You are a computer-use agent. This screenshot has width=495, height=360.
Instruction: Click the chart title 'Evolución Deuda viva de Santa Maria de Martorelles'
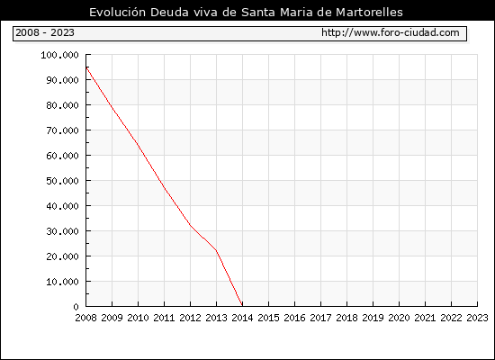pyautogui.click(x=246, y=13)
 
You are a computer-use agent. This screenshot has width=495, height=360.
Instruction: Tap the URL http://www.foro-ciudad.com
pyautogui.click(x=391, y=32)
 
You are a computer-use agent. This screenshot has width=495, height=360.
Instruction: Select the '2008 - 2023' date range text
pyautogui.click(x=45, y=32)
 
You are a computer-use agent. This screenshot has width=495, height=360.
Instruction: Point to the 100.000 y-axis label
pyautogui.click(x=59, y=55)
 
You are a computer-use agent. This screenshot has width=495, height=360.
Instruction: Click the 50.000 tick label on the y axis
pyautogui.click(x=62, y=181)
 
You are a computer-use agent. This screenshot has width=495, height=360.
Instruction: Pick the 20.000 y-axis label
pyautogui.click(x=62, y=256)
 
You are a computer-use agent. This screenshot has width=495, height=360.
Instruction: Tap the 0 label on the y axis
pyautogui.click(x=76, y=307)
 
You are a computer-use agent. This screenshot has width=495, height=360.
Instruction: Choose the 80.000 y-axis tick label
pyautogui.click(x=62, y=105)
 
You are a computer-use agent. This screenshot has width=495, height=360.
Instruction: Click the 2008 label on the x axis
pyautogui.click(x=85, y=318)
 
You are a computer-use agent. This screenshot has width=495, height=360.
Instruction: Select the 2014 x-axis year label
pyautogui.click(x=242, y=318)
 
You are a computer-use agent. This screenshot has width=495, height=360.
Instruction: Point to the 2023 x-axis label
pyautogui.click(x=477, y=318)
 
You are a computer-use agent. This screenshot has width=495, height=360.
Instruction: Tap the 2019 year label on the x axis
pyautogui.click(x=373, y=318)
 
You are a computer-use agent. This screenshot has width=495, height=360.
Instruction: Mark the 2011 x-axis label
pyautogui.click(x=164, y=318)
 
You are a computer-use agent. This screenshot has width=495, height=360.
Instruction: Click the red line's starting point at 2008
pyautogui.click(x=86, y=67)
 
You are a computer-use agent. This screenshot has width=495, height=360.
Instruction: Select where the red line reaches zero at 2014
pyautogui.click(x=242, y=306)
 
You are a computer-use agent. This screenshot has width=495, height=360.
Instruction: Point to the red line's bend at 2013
pyautogui.click(x=216, y=250)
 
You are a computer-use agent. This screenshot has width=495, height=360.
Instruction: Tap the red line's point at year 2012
pyautogui.click(x=191, y=225)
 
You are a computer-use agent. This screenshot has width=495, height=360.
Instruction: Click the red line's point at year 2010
pyautogui.click(x=139, y=145)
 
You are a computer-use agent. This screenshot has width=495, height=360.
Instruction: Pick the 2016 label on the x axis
pyautogui.click(x=294, y=318)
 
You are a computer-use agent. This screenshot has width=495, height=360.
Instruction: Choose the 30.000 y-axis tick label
pyautogui.click(x=62, y=231)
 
